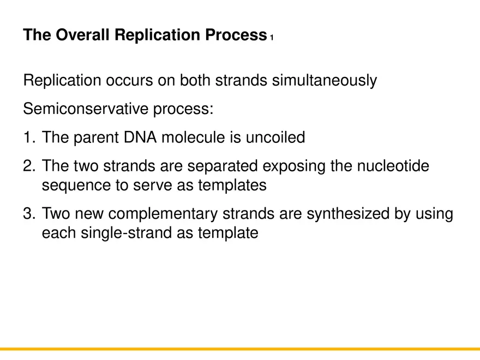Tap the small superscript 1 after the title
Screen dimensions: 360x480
(x=271, y=38)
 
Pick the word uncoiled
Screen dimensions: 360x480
(x=275, y=137)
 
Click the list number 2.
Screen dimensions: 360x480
(x=29, y=166)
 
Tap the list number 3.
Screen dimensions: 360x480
(x=29, y=214)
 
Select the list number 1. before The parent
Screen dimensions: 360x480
(x=29, y=137)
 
